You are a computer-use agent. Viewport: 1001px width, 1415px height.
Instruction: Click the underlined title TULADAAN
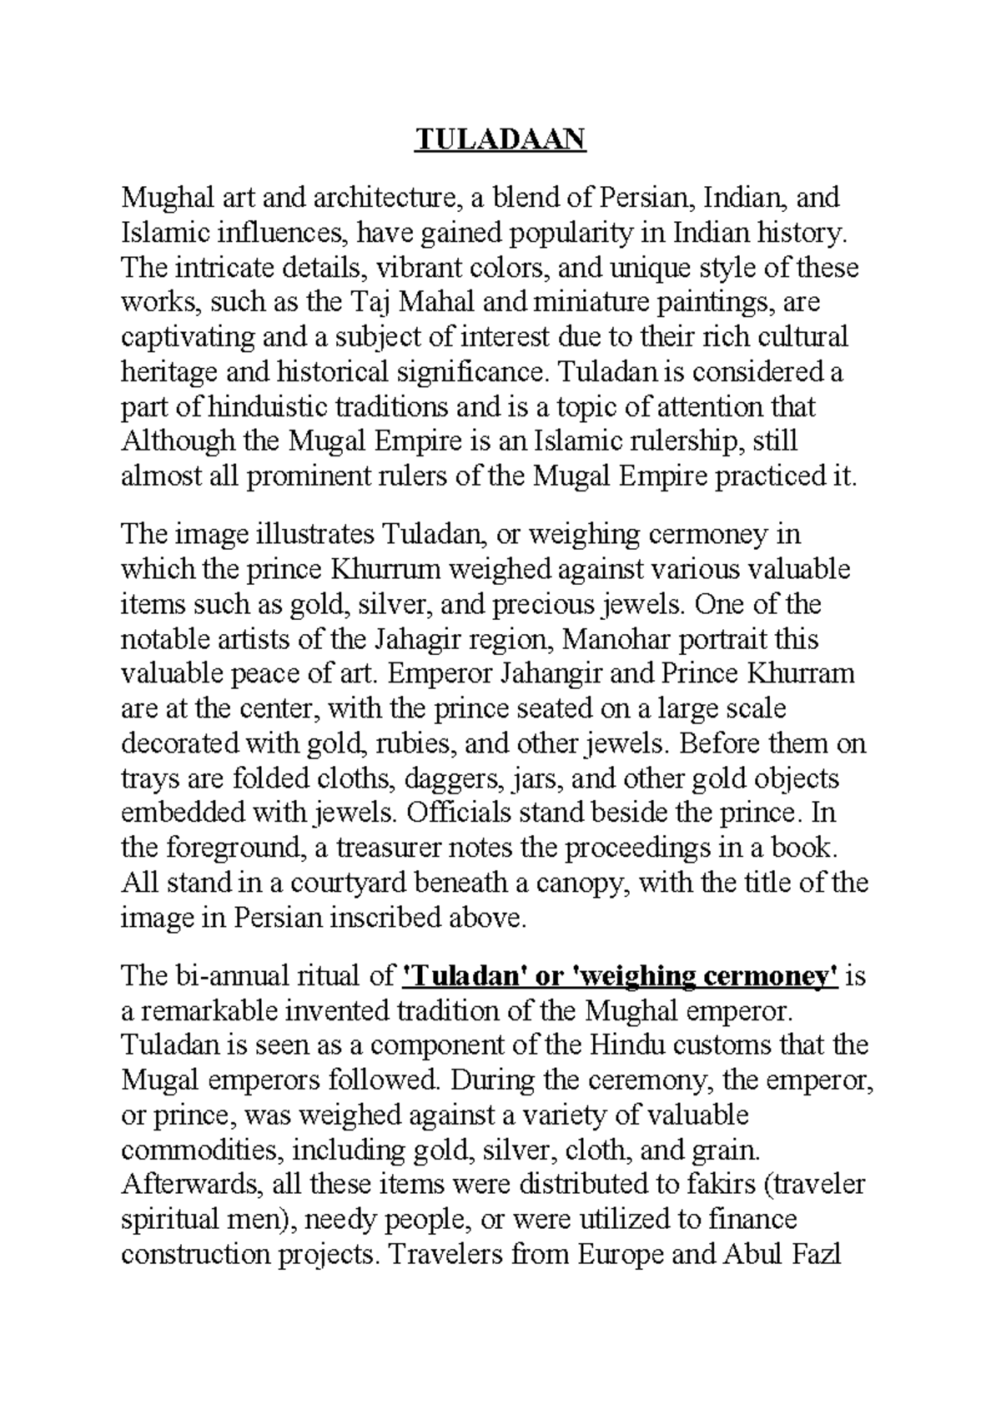tap(500, 139)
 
